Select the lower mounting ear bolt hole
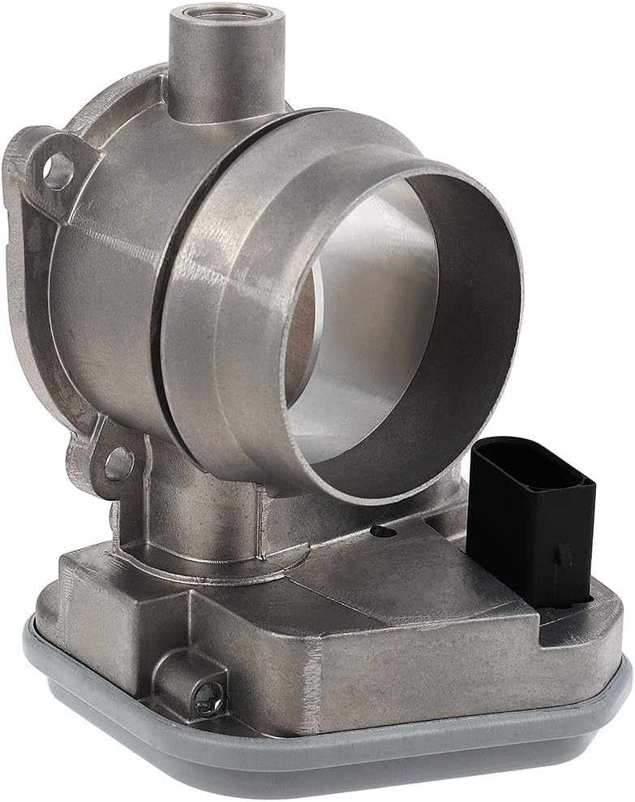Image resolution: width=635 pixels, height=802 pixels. click(x=118, y=462)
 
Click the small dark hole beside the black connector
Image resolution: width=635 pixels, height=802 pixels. click(x=379, y=530)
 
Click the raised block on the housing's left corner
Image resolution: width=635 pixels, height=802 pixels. click(x=105, y=580)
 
